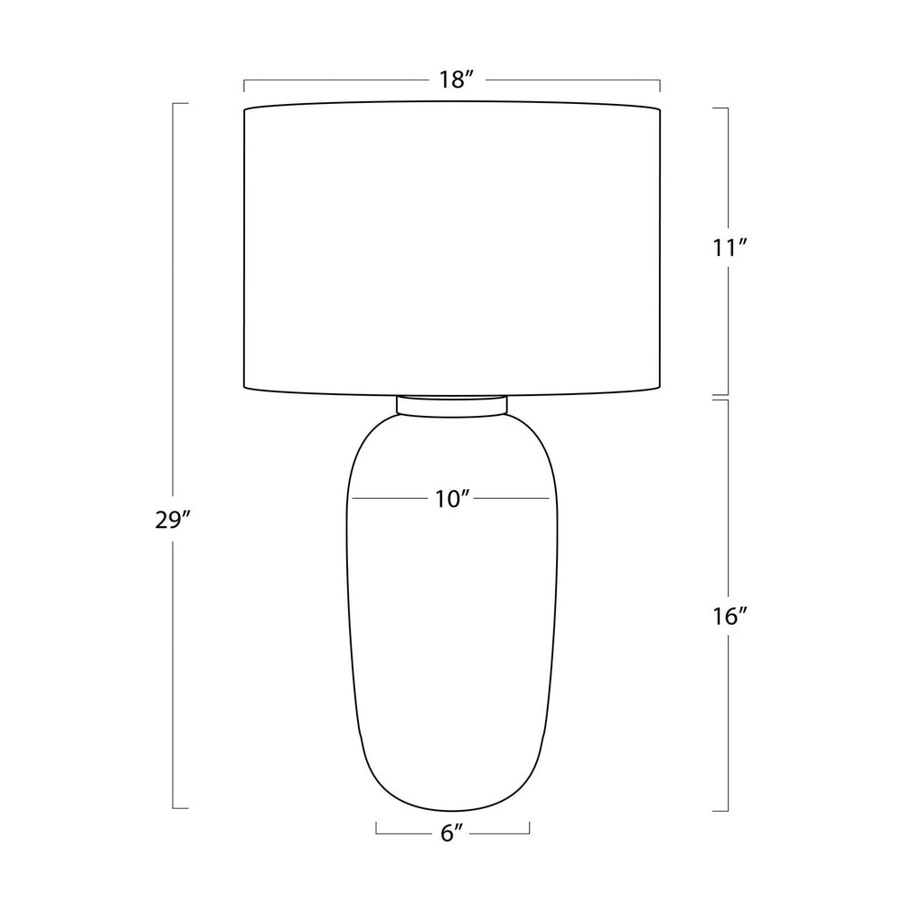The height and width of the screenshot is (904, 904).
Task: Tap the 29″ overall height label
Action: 173,520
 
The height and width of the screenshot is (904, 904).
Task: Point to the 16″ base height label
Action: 729,617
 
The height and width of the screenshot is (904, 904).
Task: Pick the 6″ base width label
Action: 452,833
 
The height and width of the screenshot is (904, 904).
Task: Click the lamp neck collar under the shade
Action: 452,405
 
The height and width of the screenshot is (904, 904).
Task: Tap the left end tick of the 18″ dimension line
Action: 244,86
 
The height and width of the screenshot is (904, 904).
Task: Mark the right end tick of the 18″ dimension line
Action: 660,86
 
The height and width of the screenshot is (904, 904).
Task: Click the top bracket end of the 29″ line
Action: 181,104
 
